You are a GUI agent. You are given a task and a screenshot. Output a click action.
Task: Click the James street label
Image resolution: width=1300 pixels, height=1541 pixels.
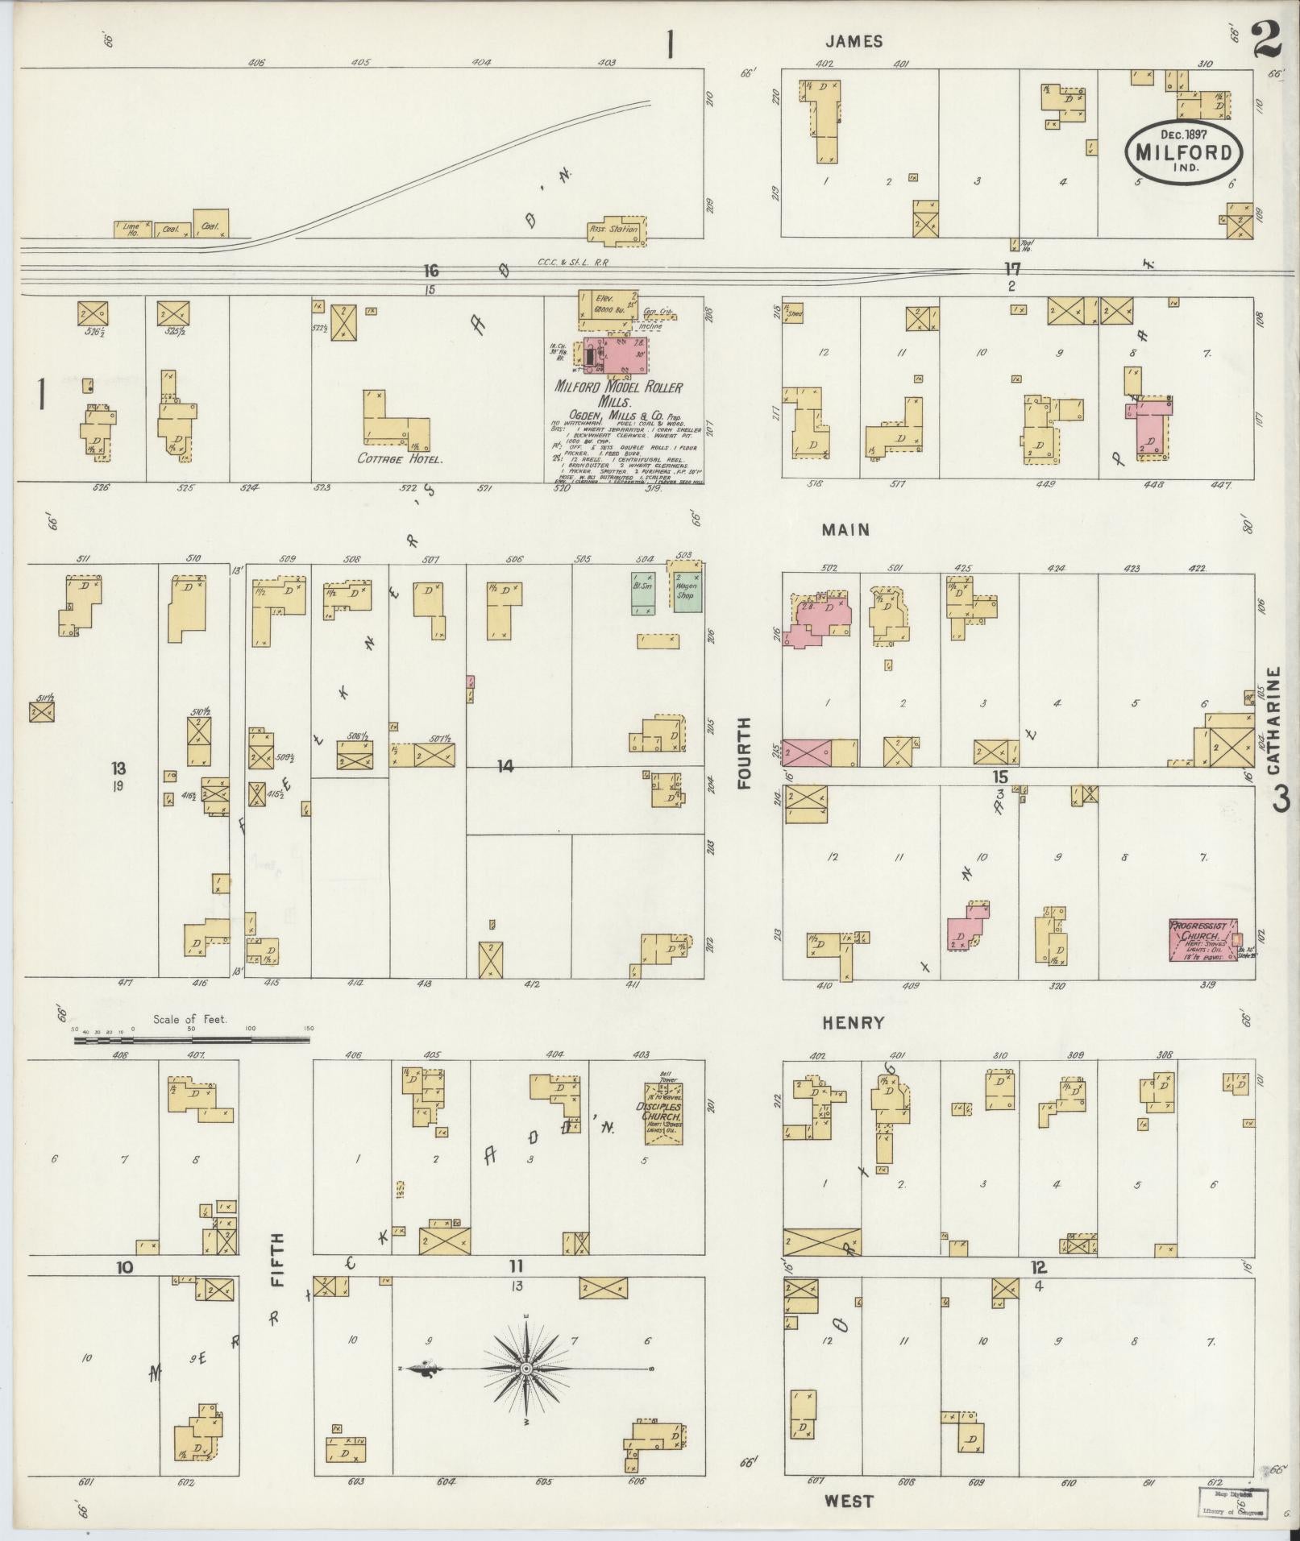[854, 42]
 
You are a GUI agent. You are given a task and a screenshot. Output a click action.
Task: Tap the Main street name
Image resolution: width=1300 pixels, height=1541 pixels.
[845, 530]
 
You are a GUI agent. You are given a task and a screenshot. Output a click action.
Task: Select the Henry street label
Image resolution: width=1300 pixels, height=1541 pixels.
[853, 1023]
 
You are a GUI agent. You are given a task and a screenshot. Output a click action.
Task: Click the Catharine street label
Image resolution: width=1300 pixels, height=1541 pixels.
[1274, 720]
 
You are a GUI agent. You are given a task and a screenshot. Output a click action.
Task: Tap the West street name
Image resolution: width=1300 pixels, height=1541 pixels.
[849, 1501]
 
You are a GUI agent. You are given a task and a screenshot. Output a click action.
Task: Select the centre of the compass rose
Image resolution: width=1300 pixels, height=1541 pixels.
[525, 1368]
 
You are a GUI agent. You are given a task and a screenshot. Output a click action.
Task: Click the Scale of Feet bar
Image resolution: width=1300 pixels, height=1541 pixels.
[192, 1041]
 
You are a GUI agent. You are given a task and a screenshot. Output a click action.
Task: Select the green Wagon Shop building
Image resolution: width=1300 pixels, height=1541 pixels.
[687, 592]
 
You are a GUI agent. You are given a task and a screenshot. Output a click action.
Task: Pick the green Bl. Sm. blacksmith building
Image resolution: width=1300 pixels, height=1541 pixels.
[643, 594]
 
